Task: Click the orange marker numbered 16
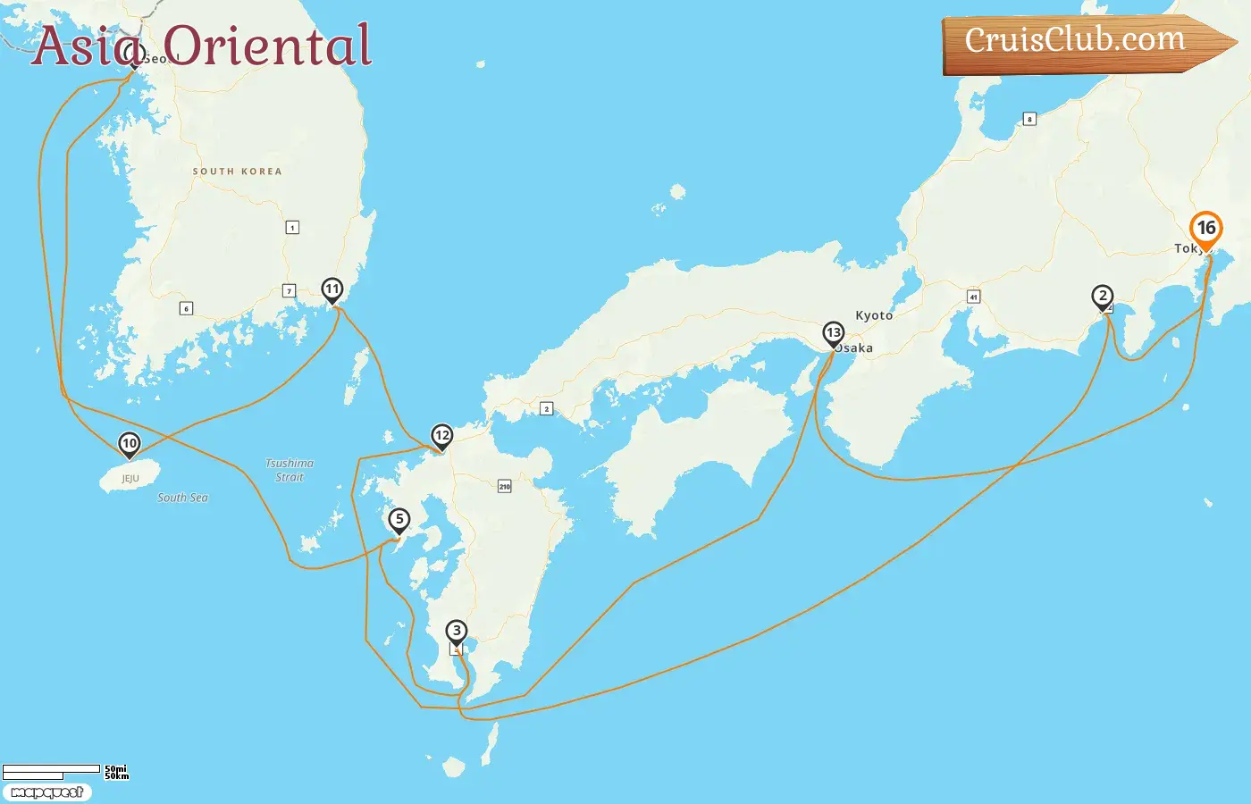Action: (x=1205, y=229)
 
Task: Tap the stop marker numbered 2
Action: (x=1103, y=297)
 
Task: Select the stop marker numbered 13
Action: (x=833, y=334)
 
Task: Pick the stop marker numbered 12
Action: (x=441, y=436)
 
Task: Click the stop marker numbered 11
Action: (x=332, y=289)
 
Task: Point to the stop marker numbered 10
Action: (x=130, y=444)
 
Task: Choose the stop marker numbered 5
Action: (x=399, y=520)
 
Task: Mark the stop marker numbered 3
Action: (x=457, y=632)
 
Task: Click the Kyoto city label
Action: (x=874, y=315)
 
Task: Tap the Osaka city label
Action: (x=855, y=348)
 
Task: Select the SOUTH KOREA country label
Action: (x=237, y=172)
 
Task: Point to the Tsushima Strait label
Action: (x=290, y=470)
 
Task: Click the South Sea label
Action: (x=182, y=498)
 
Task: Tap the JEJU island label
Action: (x=130, y=479)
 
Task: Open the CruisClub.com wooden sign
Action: (x=1081, y=42)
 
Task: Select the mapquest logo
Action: (x=46, y=792)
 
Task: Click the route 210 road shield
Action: (x=505, y=486)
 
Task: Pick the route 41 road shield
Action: (x=973, y=297)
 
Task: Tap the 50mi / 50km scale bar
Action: (x=63, y=772)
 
